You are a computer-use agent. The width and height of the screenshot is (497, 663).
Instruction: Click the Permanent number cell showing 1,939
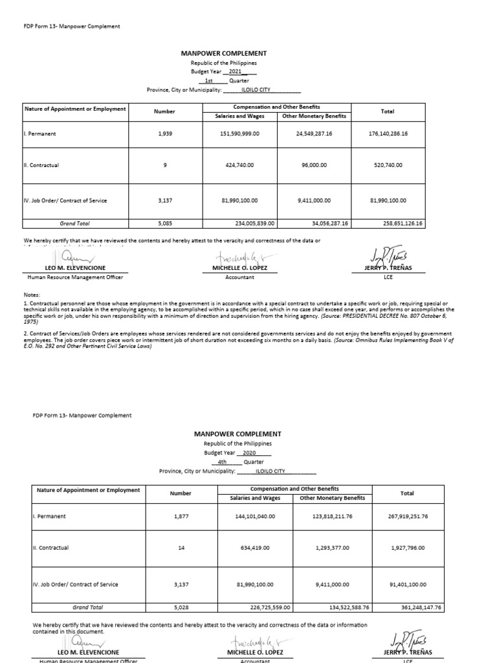tap(164, 133)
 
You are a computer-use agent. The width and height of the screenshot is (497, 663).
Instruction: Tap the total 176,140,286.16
tap(388, 133)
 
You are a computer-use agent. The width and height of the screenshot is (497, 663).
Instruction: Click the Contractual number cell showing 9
tap(164, 165)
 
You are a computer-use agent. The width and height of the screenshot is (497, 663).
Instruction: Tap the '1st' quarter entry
tap(209, 81)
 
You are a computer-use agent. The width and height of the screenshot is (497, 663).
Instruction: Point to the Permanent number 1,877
tap(181, 516)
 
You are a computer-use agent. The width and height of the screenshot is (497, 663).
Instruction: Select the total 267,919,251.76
tap(407, 516)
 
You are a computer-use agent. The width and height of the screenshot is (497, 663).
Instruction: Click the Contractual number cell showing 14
tap(181, 547)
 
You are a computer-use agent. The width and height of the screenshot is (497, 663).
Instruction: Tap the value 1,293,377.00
tap(329, 547)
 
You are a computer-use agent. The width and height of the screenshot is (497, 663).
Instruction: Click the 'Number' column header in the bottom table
tap(181, 493)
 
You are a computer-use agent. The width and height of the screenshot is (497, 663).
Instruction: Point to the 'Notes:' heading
tap(32, 295)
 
